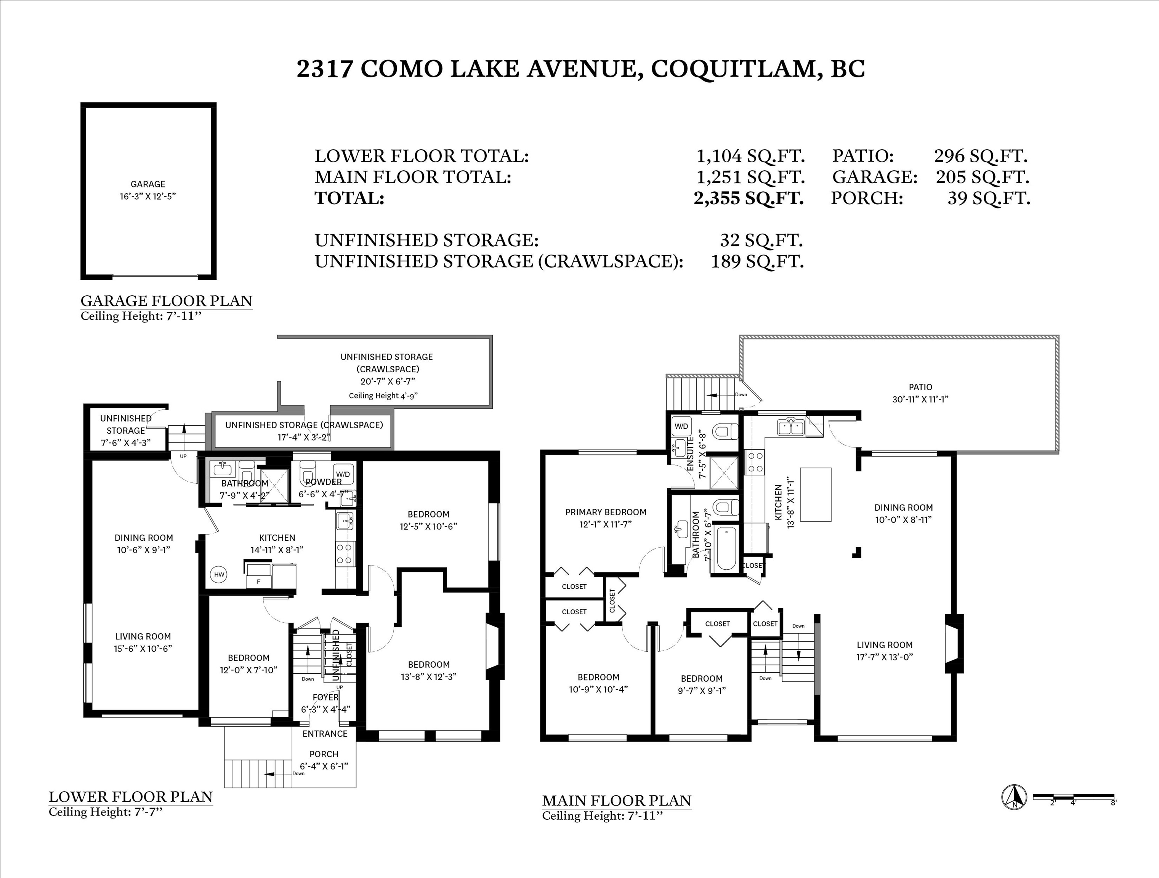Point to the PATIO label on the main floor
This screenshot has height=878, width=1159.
(920, 387)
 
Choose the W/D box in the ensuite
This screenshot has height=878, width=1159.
(681, 426)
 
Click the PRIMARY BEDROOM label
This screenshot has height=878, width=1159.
(606, 512)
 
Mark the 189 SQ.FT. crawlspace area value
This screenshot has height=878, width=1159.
(757, 261)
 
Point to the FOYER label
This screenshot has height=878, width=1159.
(325, 697)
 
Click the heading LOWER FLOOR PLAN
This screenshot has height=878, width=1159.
(130, 797)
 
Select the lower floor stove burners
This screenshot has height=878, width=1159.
(344, 554)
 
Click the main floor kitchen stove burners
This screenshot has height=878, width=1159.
(755, 463)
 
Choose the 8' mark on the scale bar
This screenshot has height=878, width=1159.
(1113, 803)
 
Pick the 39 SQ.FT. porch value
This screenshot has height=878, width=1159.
(989, 199)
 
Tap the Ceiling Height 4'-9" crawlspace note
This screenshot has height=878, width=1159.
(383, 396)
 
